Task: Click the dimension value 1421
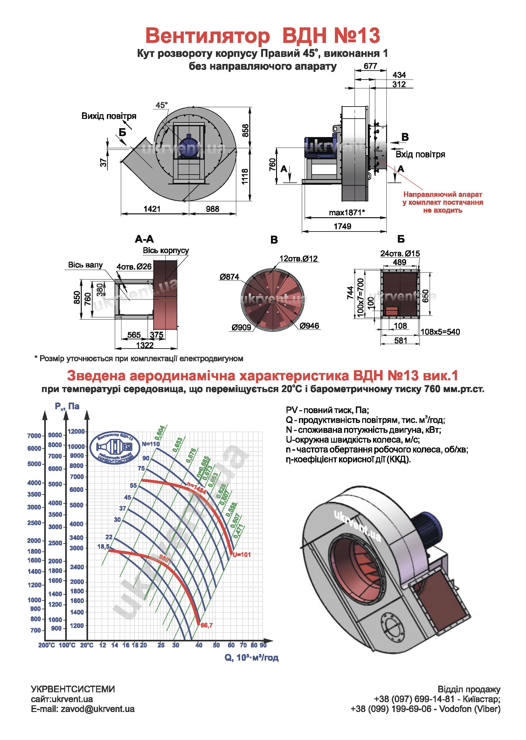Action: tap(152, 209)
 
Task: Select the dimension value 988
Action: tap(212, 209)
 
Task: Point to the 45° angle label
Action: tap(162, 105)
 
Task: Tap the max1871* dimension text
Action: tap(347, 213)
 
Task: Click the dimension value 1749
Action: tap(343, 226)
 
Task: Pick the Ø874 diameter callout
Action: tap(229, 277)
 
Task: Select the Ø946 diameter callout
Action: tap(309, 326)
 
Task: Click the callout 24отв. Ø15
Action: tap(400, 253)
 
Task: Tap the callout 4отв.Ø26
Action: tap(134, 266)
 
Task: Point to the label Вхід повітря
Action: tap(420, 155)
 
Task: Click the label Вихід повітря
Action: tap(109, 116)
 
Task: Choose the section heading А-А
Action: tap(144, 239)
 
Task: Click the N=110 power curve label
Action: tap(151, 444)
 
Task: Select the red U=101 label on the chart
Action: tap(242, 554)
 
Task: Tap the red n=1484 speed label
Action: tap(197, 488)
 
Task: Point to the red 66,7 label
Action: tap(207, 625)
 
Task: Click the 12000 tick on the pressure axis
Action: tap(76, 431)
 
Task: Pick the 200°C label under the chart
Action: tap(46, 645)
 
